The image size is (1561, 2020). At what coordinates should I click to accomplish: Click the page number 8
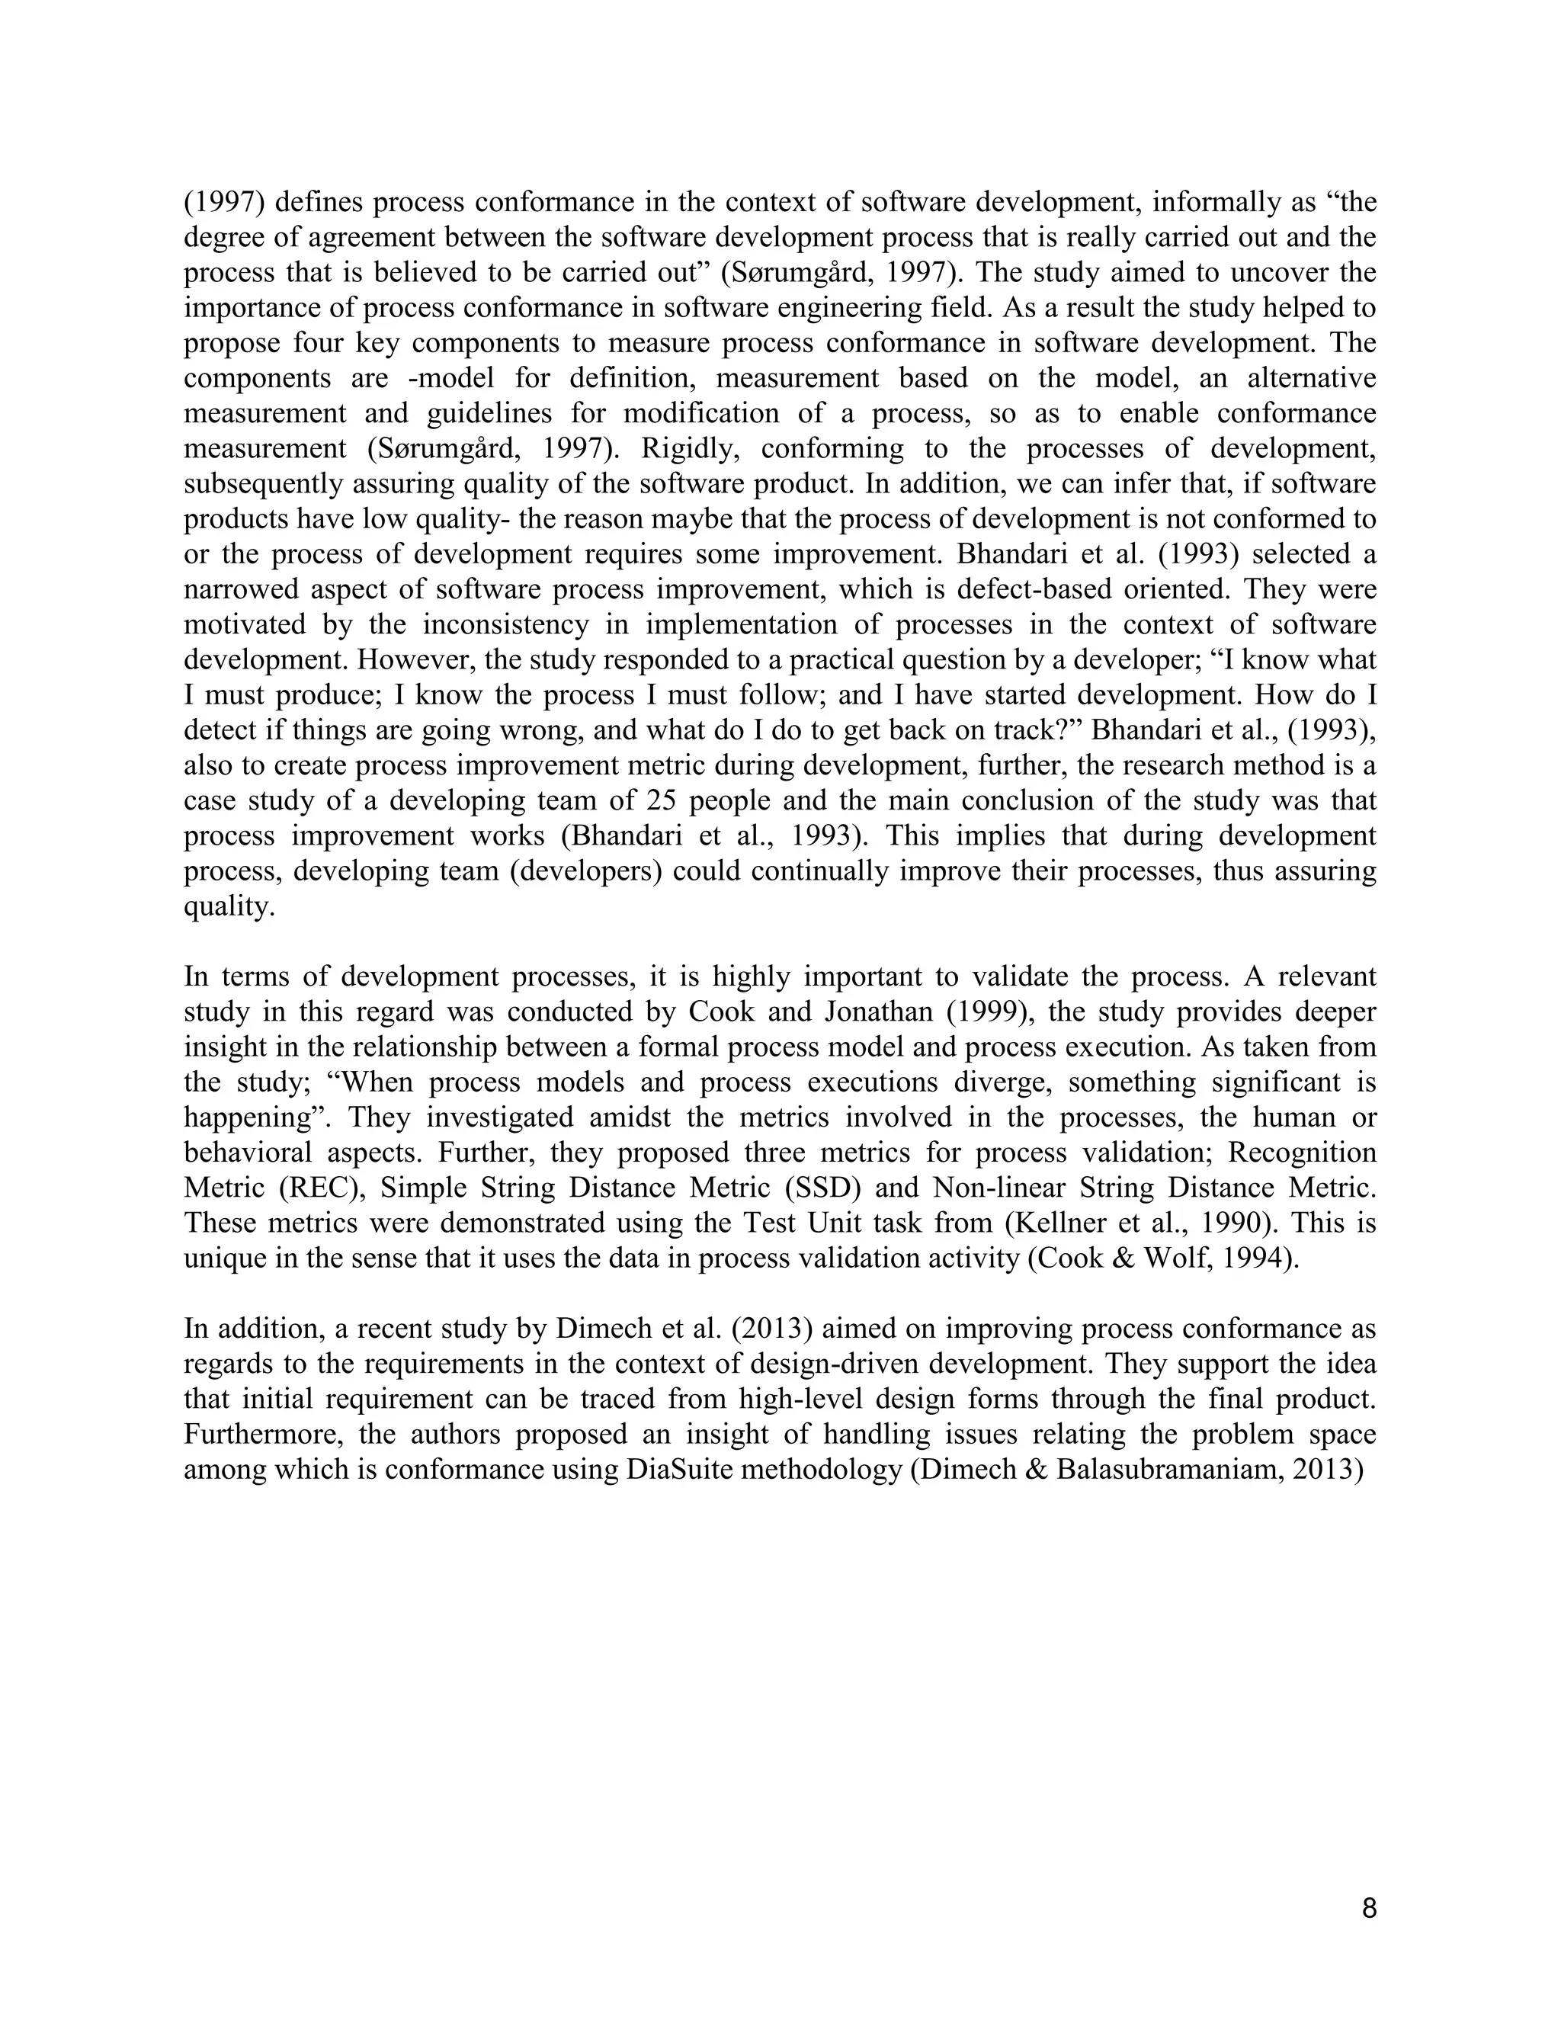coord(1369,1908)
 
